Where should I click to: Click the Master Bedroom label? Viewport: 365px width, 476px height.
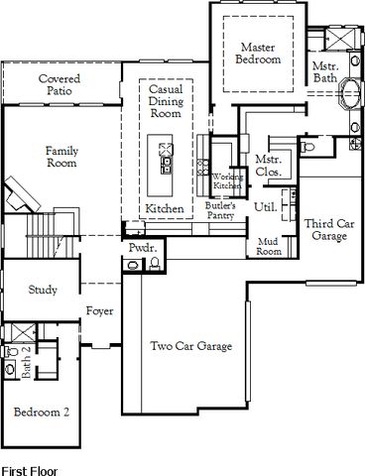point(258,54)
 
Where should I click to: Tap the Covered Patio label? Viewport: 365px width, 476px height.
point(60,84)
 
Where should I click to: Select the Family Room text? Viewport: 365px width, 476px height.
point(61,157)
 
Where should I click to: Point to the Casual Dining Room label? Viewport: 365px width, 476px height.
point(166,101)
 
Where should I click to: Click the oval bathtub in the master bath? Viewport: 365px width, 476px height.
point(350,93)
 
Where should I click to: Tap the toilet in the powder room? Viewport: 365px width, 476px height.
point(155,264)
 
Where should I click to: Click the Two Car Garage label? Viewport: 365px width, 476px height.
point(191,346)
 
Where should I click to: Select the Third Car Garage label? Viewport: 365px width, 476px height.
point(329,230)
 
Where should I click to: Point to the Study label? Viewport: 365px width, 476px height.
point(43,290)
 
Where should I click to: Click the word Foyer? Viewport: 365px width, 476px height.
point(99,310)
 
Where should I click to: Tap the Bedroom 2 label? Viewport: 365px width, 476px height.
point(42,412)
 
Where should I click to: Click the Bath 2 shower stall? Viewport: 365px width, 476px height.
point(24,332)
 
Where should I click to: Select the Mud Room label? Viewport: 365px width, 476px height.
point(269,246)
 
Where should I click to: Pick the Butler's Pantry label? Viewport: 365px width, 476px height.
point(220,210)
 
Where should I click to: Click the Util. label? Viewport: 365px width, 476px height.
point(265,207)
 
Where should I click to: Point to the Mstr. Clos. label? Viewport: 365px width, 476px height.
point(269,166)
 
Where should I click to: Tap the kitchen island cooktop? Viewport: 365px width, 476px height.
point(166,150)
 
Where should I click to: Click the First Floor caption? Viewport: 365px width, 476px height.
point(30,471)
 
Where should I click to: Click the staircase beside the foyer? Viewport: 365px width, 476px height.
point(50,235)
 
